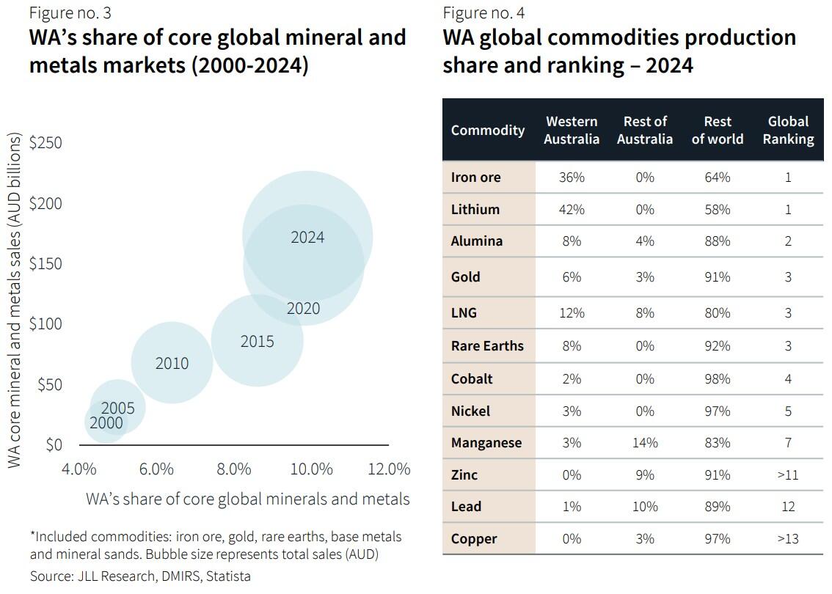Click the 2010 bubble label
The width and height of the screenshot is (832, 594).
click(x=172, y=363)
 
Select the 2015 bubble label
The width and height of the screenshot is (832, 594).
click(x=257, y=341)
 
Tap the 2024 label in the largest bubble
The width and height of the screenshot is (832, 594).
click(x=307, y=237)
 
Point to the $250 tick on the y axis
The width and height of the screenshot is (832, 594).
click(x=45, y=142)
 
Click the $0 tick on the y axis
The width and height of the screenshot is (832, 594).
click(x=54, y=444)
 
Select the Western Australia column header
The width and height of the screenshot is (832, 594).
click(x=571, y=130)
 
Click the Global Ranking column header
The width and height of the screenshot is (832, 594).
click(x=788, y=130)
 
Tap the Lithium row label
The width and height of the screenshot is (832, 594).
click(x=475, y=209)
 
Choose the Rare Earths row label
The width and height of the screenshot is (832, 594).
click(x=487, y=345)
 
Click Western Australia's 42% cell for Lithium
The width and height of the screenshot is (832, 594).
click(x=571, y=209)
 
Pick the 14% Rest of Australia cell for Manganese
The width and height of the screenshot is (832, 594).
click(x=644, y=443)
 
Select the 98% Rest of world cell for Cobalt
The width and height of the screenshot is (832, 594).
click(x=717, y=378)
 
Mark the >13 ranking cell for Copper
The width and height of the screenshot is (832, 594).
click(x=788, y=539)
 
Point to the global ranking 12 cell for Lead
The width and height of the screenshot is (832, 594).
click(x=788, y=507)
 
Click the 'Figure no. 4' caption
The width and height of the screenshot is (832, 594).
click(x=483, y=12)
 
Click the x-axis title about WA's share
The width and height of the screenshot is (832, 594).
click(x=247, y=499)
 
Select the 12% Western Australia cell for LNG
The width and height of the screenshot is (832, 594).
click(x=571, y=313)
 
